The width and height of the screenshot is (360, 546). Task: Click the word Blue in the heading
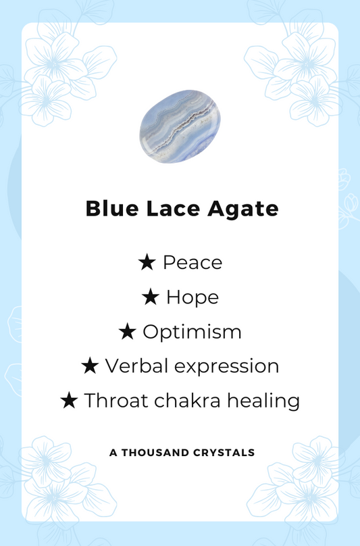point(110,209)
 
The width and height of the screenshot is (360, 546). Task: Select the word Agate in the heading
point(242,209)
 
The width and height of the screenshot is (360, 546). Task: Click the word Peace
point(192,262)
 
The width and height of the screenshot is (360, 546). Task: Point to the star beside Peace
point(147,262)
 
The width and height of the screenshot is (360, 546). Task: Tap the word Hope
point(192,297)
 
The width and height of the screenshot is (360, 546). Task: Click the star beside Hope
point(151,297)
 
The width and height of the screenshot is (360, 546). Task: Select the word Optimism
point(192,332)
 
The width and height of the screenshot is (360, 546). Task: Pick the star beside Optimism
point(127,332)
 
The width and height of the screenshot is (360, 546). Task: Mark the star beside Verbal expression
point(90,366)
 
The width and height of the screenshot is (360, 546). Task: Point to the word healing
point(263,401)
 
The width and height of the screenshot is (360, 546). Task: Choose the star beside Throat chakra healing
point(69,401)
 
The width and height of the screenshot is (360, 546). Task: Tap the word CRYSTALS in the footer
point(224,452)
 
